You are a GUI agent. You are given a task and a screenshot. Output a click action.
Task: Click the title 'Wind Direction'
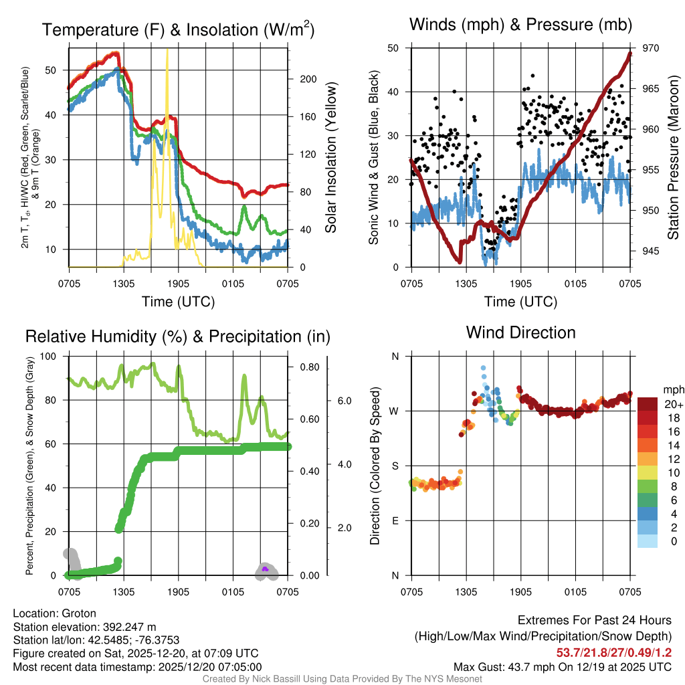[x=520, y=332]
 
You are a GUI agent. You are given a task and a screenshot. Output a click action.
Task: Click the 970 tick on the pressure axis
[x=642, y=48]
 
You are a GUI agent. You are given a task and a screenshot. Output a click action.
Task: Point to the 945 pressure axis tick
[x=642, y=252]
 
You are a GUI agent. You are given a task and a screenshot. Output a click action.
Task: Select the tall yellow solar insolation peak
[x=167, y=60]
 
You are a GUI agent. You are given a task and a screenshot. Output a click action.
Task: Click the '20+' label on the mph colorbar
[x=672, y=404]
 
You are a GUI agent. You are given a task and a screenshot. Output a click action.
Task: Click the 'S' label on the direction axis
[x=395, y=466]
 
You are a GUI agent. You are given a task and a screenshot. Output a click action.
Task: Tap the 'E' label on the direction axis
[x=395, y=520]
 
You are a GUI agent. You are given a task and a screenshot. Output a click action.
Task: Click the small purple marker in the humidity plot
[x=265, y=569]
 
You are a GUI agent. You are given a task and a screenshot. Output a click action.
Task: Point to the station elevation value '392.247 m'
[x=129, y=627]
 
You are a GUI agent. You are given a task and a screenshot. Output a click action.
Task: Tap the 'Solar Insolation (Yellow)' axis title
[x=330, y=157]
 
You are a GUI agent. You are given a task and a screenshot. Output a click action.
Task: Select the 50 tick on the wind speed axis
[x=395, y=48]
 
